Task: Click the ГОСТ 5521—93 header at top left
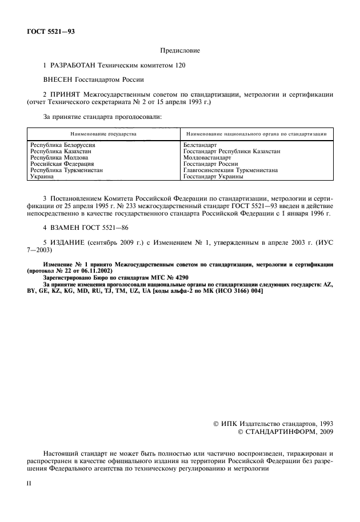[50, 31]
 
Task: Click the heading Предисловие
[179, 51]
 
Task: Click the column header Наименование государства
[103, 133]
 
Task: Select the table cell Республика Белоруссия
[62, 145]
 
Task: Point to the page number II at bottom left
[30, 483]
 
